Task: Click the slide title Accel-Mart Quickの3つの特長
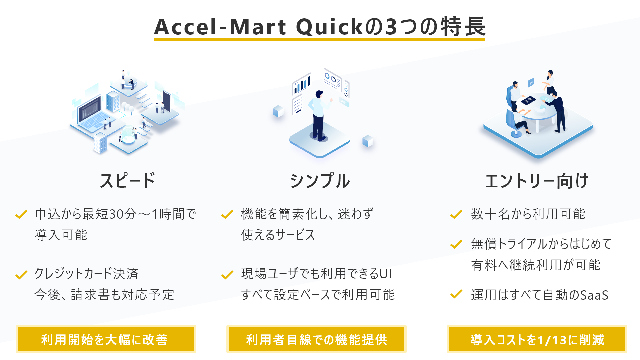[320, 27]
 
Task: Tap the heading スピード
[128, 181]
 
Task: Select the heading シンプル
[320, 181]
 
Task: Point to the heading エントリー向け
[537, 181]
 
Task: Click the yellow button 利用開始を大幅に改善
[106, 339]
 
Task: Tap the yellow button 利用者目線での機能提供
[316, 339]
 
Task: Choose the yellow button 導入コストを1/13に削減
[537, 339]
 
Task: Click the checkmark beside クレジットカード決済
[21, 275]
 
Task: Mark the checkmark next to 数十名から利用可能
[456, 214]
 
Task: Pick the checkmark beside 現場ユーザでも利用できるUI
[227, 275]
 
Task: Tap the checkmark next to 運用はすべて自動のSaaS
[456, 294]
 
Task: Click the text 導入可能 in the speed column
[61, 235]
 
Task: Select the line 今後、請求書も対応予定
[104, 295]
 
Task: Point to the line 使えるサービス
[278, 235]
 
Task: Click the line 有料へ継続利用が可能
[536, 265]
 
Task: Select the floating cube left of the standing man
[278, 111]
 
